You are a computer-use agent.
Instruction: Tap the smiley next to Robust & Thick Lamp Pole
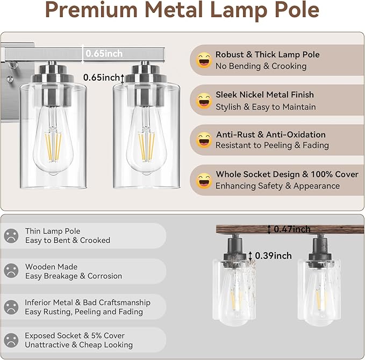pos(204,60)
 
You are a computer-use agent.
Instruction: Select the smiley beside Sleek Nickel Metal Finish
pos(204,100)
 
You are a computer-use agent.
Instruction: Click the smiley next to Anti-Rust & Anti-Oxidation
pos(204,140)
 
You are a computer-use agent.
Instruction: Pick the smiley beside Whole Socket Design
pos(204,180)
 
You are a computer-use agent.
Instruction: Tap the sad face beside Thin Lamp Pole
pos(11,236)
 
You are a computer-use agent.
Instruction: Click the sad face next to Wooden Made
pos(11,271)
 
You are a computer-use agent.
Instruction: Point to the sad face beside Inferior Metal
pos(11,307)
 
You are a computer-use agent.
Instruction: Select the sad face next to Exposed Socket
pos(11,340)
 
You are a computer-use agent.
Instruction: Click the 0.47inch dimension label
pos(292,229)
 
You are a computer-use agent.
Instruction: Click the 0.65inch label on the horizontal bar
pos(104,53)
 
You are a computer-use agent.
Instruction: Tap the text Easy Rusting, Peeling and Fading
pos(84,312)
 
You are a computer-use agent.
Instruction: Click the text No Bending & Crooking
pos(261,66)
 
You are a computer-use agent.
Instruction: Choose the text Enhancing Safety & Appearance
pos(277,186)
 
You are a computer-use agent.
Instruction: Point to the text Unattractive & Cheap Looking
pos(78,345)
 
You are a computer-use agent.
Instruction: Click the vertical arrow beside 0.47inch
pos(269,229)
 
